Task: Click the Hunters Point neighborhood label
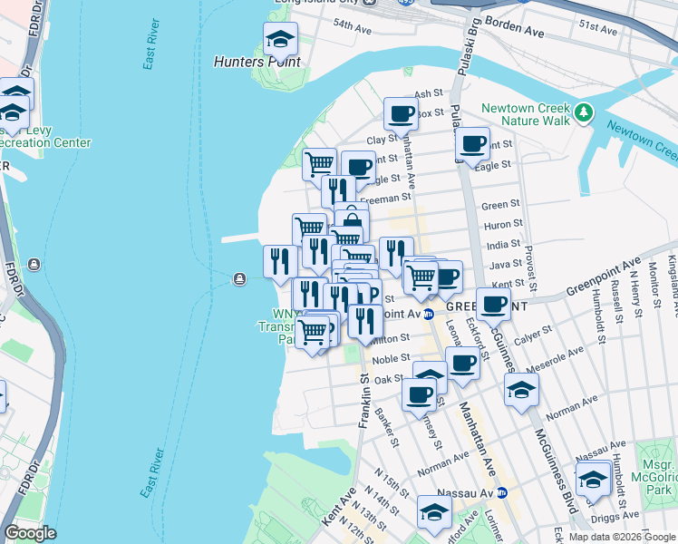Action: pyautogui.click(x=257, y=62)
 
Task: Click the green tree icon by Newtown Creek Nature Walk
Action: pyautogui.click(x=586, y=112)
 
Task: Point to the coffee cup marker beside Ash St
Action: pyautogui.click(x=400, y=115)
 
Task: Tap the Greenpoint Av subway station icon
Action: pyautogui.click(x=430, y=313)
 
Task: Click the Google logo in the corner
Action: pyautogui.click(x=30, y=532)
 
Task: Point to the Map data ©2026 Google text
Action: pyautogui.click(x=622, y=537)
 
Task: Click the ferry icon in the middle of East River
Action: pyautogui.click(x=239, y=278)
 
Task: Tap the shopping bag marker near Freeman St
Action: pyautogui.click(x=352, y=220)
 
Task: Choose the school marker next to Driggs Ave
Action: pyautogui.click(x=593, y=479)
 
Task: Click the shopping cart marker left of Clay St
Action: pyautogui.click(x=319, y=164)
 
